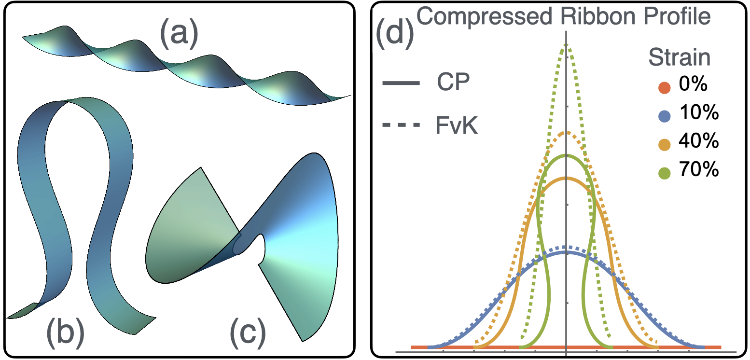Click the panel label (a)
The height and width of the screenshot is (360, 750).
pos(180,36)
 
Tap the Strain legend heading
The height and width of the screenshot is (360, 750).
pos(679,58)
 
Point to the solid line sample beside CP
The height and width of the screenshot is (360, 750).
pos(400,83)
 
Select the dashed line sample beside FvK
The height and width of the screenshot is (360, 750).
pos(400,127)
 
